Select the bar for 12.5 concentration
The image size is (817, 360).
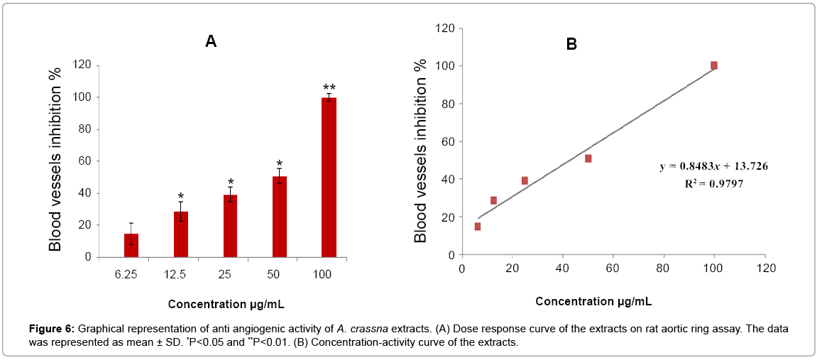pyautogui.click(x=181, y=234)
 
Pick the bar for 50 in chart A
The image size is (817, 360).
pyautogui.click(x=280, y=217)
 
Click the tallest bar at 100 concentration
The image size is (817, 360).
pyautogui.click(x=329, y=178)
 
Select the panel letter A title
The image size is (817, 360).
pyautogui.click(x=211, y=41)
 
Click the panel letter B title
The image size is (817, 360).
pyautogui.click(x=571, y=44)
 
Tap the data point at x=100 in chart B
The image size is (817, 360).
pyautogui.click(x=714, y=65)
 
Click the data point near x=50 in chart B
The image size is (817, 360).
pyautogui.click(x=588, y=158)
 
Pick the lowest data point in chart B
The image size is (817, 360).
pyautogui.click(x=478, y=227)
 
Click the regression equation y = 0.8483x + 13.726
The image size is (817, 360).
pyautogui.click(x=714, y=166)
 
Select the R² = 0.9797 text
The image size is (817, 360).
pyautogui.click(x=714, y=182)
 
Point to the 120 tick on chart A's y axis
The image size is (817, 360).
pyautogui.click(x=82, y=65)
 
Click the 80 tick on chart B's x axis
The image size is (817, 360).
pyautogui.click(x=663, y=269)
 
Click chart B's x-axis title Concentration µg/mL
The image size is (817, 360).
pyautogui.click(x=593, y=301)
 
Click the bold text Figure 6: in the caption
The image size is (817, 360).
pyautogui.click(x=51, y=329)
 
